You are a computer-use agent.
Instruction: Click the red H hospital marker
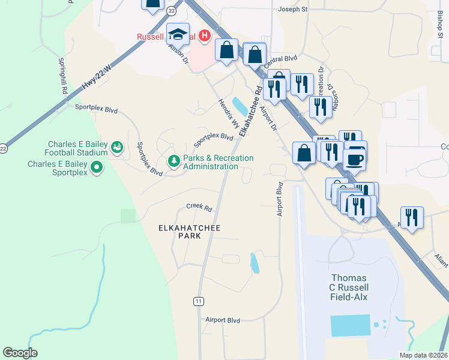(205, 36)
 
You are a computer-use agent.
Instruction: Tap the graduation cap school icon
(178, 34)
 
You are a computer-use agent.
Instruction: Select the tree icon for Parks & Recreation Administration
(174, 161)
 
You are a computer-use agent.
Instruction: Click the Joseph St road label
(293, 10)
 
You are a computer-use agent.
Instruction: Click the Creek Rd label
(199, 208)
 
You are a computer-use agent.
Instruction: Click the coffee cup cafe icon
(355, 158)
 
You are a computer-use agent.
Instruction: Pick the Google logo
(20, 353)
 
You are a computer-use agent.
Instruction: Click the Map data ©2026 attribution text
(423, 355)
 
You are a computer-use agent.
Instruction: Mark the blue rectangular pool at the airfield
(350, 325)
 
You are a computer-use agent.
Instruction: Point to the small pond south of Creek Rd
(255, 263)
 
